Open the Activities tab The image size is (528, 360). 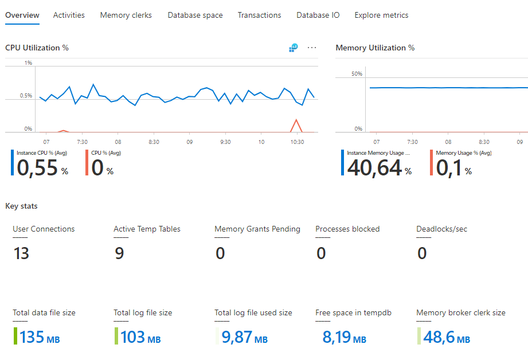(x=69, y=15)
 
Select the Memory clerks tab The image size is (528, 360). (x=126, y=15)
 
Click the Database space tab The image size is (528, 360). (x=195, y=15)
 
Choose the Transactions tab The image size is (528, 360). (x=259, y=15)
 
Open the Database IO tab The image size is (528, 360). (x=318, y=15)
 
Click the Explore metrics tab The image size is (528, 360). (x=381, y=15)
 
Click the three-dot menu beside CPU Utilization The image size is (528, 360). (x=312, y=48)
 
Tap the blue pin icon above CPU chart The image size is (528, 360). (x=293, y=48)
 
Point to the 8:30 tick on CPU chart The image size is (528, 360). (x=154, y=141)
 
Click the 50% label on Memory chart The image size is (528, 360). (x=357, y=74)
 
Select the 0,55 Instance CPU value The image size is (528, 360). (x=38, y=167)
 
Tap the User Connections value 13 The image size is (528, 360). (x=21, y=253)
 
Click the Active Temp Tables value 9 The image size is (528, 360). (x=119, y=253)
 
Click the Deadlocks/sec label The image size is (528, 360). (x=441, y=229)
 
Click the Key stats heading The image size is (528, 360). (x=21, y=206)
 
